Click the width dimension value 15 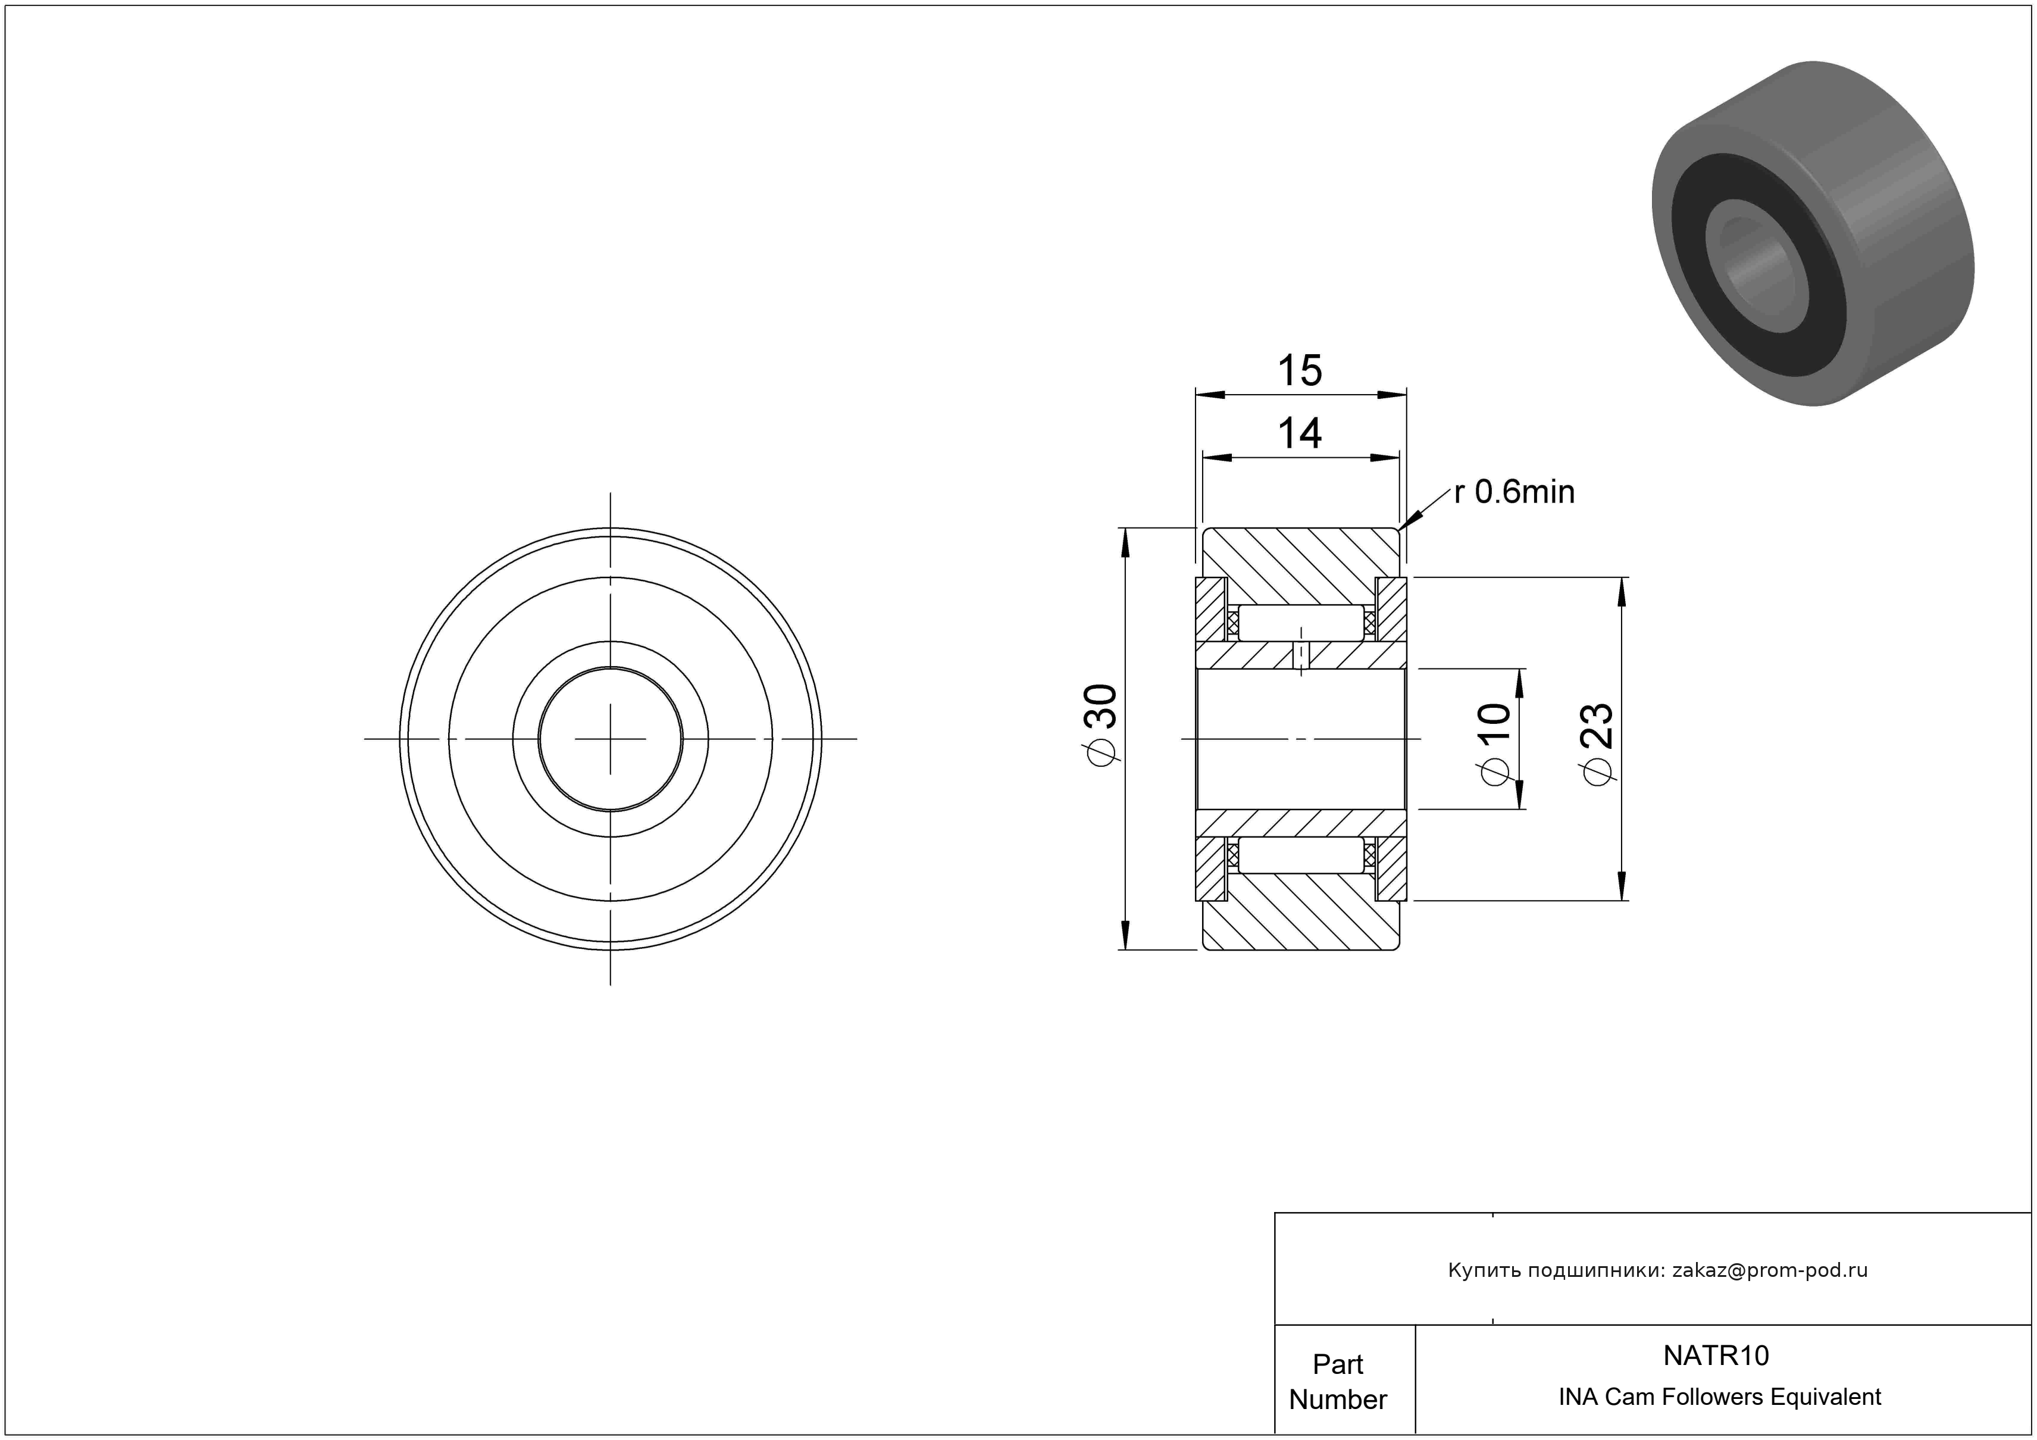1300,370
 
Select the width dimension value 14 1300,434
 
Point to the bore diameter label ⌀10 1495,744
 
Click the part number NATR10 1716,1355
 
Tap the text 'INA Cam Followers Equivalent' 1719,1397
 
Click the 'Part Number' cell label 1338,1382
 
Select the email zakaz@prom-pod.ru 1770,1270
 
